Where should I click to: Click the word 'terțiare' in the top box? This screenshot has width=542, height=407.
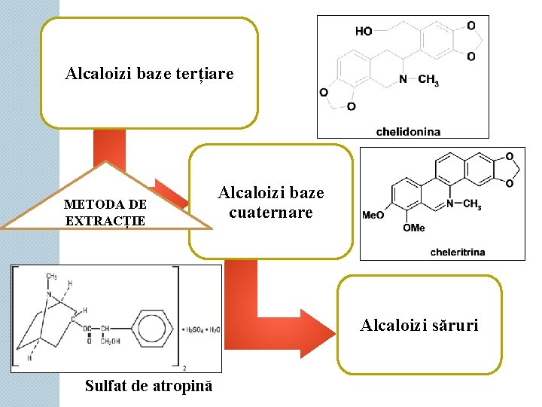(205, 74)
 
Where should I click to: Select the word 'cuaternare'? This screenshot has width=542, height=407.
(271, 213)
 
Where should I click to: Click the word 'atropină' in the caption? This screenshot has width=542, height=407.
(181, 386)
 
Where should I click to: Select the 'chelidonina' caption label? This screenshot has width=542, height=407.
(408, 131)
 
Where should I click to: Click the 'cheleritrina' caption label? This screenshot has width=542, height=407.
(458, 252)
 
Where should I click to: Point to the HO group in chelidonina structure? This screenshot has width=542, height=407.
(364, 31)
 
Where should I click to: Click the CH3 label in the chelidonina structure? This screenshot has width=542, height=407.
(428, 80)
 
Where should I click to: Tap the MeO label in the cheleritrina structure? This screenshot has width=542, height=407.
(373, 215)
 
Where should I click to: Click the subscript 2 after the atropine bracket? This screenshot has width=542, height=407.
(185, 369)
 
